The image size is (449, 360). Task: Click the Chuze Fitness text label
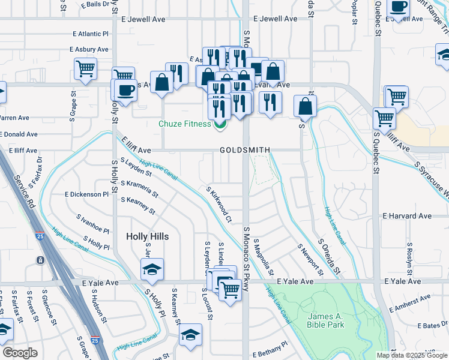[x=184, y=124]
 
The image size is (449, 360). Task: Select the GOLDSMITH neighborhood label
[x=244, y=150]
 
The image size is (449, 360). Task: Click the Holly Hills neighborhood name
[x=147, y=236]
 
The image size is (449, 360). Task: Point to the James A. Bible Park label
[x=325, y=320]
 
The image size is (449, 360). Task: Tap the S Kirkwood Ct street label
[x=219, y=204]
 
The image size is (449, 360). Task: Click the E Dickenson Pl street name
[x=87, y=194]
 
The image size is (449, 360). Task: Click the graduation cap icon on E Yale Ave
[x=152, y=269]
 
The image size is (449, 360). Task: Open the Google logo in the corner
[x=20, y=353]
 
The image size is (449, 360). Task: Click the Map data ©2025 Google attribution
[x=412, y=355]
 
